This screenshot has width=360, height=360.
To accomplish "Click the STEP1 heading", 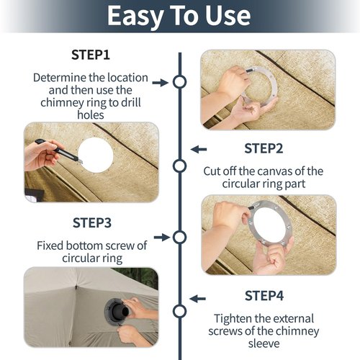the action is [x=91, y=55].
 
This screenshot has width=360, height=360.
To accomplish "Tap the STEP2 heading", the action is [x=264, y=148].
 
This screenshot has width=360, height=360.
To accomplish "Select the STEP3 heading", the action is [x=92, y=223].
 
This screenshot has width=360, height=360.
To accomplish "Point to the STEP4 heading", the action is [x=264, y=296].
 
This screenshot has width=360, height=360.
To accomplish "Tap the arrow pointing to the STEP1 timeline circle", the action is [x=161, y=83].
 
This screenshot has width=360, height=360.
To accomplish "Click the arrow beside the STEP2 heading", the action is [x=199, y=149].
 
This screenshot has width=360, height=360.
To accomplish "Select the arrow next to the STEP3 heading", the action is [x=162, y=238].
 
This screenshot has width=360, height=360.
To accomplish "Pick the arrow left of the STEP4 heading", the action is [x=197, y=299].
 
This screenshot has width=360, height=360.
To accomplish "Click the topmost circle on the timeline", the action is [x=180, y=82].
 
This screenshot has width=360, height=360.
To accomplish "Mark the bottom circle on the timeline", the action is [x=179, y=311].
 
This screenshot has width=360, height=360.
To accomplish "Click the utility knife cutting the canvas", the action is [x=59, y=151].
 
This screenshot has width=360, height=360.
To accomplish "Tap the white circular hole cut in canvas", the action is [x=96, y=155].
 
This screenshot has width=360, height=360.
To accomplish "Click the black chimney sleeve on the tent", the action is [x=117, y=309].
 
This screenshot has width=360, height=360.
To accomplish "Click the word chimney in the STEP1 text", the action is [x=63, y=103].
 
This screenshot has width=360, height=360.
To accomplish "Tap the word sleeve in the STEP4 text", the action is [x=264, y=343].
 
